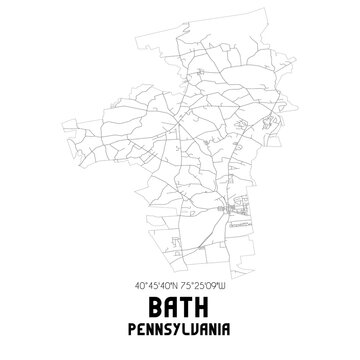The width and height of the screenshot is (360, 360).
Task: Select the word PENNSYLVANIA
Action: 180,325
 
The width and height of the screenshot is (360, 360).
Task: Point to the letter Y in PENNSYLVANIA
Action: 175,325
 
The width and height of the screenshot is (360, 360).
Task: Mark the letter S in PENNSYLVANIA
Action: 166,325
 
